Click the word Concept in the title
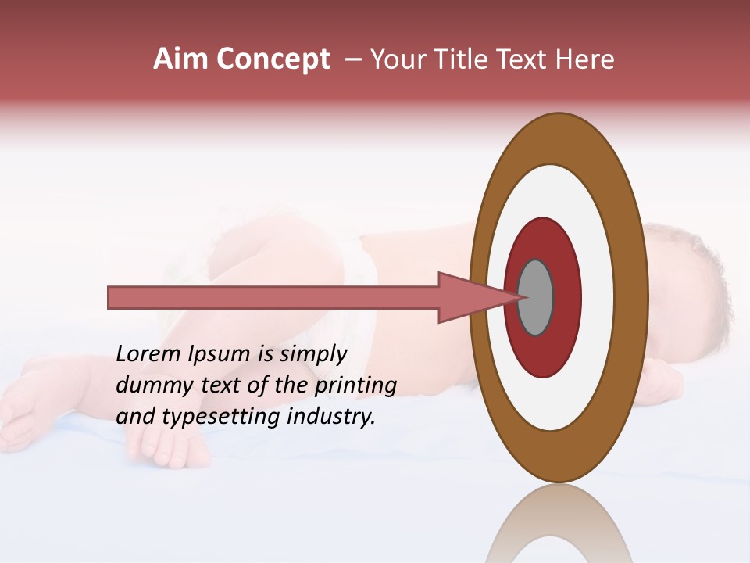[x=273, y=59]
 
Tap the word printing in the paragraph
[x=355, y=385]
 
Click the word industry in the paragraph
[x=332, y=417]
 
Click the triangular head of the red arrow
[x=469, y=297]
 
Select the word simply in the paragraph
[x=312, y=354]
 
